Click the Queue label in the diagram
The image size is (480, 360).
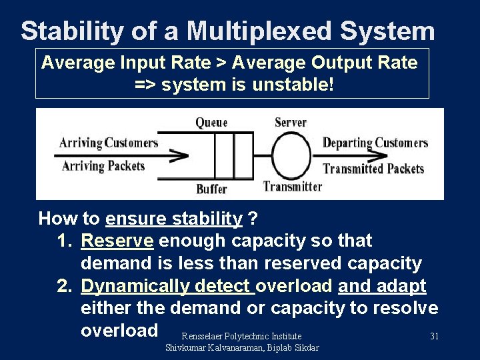(211, 122)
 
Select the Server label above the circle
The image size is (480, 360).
(290, 122)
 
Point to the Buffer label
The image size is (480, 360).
(211, 189)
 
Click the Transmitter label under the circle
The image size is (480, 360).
(293, 187)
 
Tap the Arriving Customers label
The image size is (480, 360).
(109, 142)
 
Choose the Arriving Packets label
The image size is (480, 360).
(103, 165)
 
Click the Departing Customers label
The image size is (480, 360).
(375, 142)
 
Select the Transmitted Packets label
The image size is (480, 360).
(373, 168)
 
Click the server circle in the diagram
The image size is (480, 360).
(291, 155)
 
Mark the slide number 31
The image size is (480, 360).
(434, 336)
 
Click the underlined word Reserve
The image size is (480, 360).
(117, 241)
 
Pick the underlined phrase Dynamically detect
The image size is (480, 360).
(167, 286)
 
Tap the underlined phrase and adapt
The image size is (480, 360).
(382, 286)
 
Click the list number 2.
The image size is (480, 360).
(64, 286)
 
